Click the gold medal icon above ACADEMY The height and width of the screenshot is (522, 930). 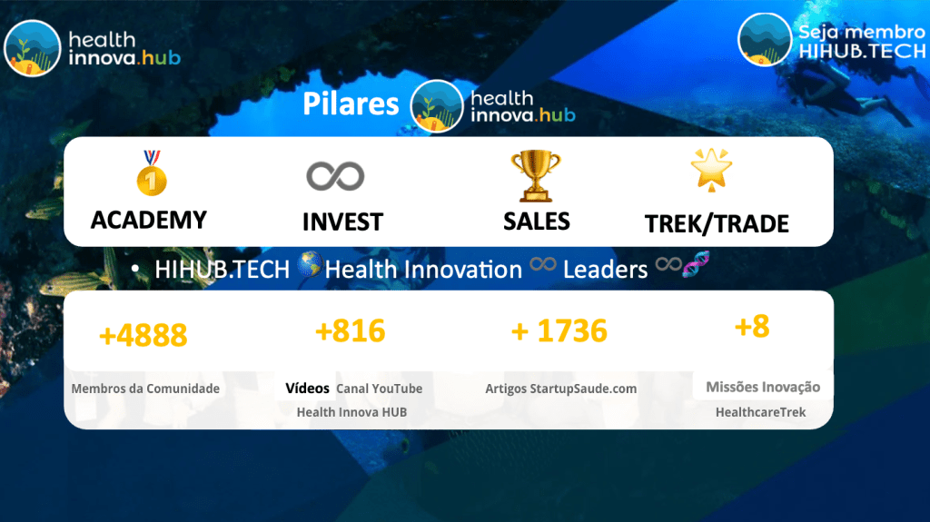[152, 172]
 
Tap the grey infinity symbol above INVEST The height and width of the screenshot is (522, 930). [335, 176]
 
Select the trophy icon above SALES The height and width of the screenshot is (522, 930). [536, 175]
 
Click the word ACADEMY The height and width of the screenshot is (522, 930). [149, 220]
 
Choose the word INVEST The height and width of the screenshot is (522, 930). [342, 222]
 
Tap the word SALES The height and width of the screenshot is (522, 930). [537, 222]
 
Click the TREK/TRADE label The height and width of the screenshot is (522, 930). [717, 223]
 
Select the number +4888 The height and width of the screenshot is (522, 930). [143, 335]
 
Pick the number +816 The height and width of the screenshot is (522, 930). [350, 330]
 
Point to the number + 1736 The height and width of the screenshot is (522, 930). [559, 331]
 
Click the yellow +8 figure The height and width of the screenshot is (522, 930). [752, 326]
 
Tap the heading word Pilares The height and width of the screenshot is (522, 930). [351, 103]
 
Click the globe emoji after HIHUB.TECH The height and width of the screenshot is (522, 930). [309, 264]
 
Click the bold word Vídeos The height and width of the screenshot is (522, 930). [307, 389]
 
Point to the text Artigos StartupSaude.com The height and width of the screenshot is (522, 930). [561, 389]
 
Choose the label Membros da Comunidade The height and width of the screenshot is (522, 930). [145, 389]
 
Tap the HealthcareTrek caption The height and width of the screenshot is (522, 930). [760, 412]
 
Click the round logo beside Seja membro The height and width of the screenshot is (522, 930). [765, 39]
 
